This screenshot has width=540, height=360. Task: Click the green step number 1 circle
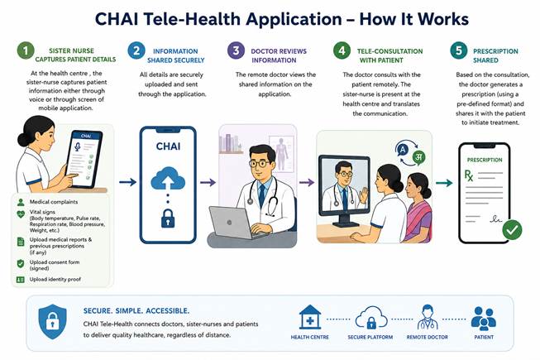click(26, 50)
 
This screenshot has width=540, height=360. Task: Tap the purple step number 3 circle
click(236, 50)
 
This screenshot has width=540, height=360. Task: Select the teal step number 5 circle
click(459, 50)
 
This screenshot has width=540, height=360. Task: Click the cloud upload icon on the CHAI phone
click(168, 178)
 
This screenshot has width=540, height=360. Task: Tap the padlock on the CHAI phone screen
click(168, 218)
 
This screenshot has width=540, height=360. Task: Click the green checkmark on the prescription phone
click(512, 230)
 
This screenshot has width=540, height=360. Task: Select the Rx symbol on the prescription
click(469, 175)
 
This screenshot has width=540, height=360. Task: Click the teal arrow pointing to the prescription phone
click(444, 183)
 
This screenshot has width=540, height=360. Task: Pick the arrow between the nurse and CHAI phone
click(128, 182)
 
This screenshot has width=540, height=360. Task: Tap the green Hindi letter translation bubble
click(418, 157)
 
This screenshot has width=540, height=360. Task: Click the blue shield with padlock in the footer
click(53, 322)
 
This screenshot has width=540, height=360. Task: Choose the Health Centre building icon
click(310, 317)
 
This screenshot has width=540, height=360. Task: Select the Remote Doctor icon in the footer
click(427, 317)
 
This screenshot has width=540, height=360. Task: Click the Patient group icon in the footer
click(484, 319)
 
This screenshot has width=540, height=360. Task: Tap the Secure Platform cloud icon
click(371, 318)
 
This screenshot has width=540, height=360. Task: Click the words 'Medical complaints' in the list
click(54, 202)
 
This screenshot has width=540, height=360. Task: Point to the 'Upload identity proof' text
click(55, 279)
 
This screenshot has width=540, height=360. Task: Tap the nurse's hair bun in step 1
click(23, 140)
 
